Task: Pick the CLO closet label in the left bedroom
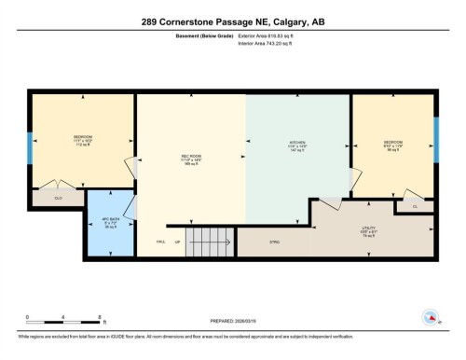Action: tap(58, 198)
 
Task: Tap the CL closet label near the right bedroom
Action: tap(414, 205)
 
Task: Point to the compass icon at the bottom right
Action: tap(430, 318)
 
